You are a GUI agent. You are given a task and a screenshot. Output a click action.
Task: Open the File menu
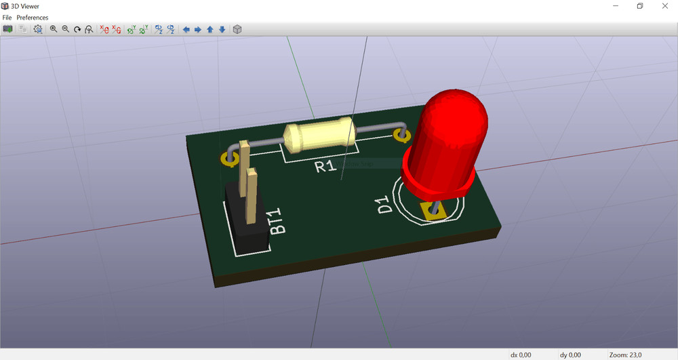pyautogui.click(x=7, y=17)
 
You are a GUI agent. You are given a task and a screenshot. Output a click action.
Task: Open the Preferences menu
pyautogui.click(x=33, y=17)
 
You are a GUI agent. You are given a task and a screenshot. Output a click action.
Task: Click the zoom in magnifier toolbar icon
pyautogui.click(x=54, y=29)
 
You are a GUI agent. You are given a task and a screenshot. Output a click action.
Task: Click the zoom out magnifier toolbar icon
pyautogui.click(x=66, y=29)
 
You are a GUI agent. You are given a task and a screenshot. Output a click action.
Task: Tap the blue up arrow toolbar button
pyautogui.click(x=210, y=29)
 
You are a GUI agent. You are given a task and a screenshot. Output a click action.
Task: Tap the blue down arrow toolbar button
pyautogui.click(x=222, y=29)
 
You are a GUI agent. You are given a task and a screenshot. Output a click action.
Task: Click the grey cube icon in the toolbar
pyautogui.click(x=237, y=29)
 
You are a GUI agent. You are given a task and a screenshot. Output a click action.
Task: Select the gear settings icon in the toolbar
pyautogui.click(x=38, y=29)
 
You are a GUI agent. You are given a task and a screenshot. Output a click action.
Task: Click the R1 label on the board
pyautogui.click(x=325, y=165)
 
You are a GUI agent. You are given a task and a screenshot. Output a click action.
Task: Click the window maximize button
pyautogui.click(x=639, y=6)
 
